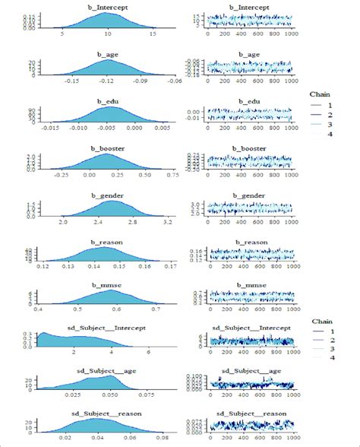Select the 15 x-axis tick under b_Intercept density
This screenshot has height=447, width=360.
(x=152, y=33)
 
